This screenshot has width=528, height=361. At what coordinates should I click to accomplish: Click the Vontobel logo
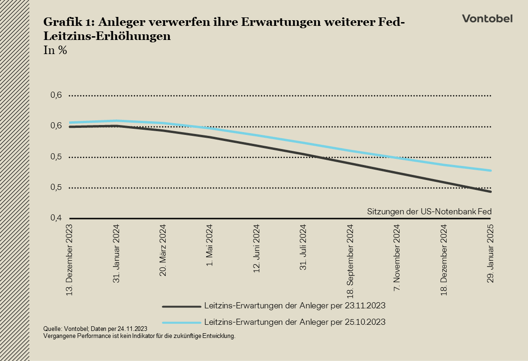[x=487, y=19]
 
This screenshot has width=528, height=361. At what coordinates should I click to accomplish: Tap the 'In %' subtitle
[x=55, y=51]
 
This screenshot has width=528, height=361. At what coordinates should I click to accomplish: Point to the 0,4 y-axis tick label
[x=56, y=218]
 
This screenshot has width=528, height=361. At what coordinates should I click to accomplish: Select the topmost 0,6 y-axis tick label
[x=56, y=95]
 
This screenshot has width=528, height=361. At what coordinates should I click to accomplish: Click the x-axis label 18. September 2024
[x=350, y=261]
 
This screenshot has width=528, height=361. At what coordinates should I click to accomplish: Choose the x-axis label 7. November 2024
[x=397, y=259]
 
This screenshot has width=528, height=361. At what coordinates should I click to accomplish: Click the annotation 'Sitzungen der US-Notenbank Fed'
[x=429, y=212]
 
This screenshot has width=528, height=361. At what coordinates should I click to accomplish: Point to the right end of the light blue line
[x=491, y=171]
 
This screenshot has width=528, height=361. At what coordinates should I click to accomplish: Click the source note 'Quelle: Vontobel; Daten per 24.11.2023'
[x=96, y=329]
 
